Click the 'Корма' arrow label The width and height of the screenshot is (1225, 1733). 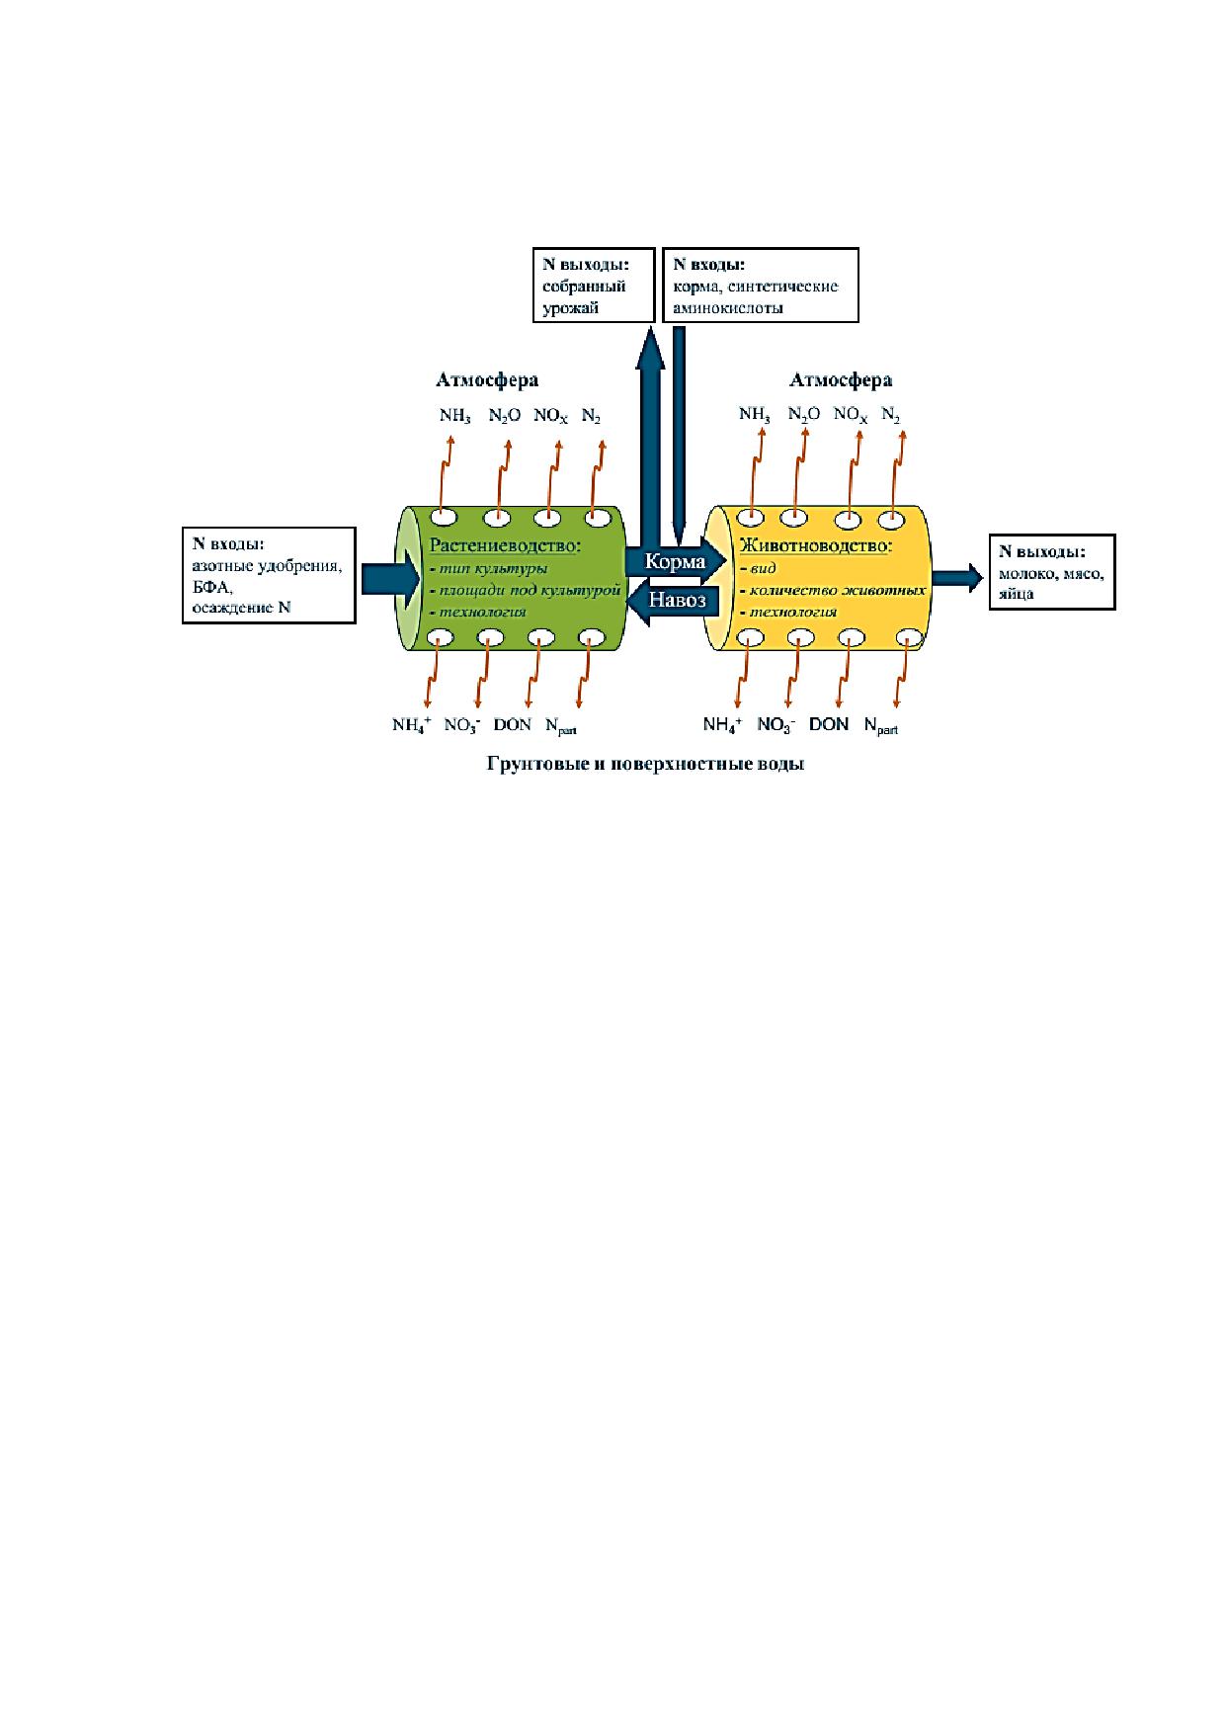675,562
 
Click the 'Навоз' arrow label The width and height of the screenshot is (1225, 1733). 678,600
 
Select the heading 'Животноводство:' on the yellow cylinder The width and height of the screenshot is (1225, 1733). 816,545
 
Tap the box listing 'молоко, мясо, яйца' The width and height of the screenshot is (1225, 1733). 1052,573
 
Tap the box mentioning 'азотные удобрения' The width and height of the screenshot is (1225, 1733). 269,575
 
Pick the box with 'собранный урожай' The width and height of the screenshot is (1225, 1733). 594,285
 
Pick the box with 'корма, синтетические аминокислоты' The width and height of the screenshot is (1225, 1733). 760,285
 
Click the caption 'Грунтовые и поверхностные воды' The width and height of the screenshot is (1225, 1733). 644,765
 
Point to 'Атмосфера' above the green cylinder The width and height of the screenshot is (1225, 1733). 487,380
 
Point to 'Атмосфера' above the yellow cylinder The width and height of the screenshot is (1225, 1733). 841,380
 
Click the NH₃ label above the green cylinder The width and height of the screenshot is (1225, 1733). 455,416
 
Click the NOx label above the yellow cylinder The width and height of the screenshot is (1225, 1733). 851,415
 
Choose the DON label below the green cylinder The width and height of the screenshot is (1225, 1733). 513,724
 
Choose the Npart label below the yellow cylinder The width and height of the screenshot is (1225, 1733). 880,726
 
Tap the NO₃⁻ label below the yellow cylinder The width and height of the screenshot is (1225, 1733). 776,725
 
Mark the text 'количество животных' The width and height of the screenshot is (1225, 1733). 836,591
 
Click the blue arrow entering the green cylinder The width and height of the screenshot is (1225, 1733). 390,578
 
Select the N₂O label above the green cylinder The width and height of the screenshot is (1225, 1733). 504,416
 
